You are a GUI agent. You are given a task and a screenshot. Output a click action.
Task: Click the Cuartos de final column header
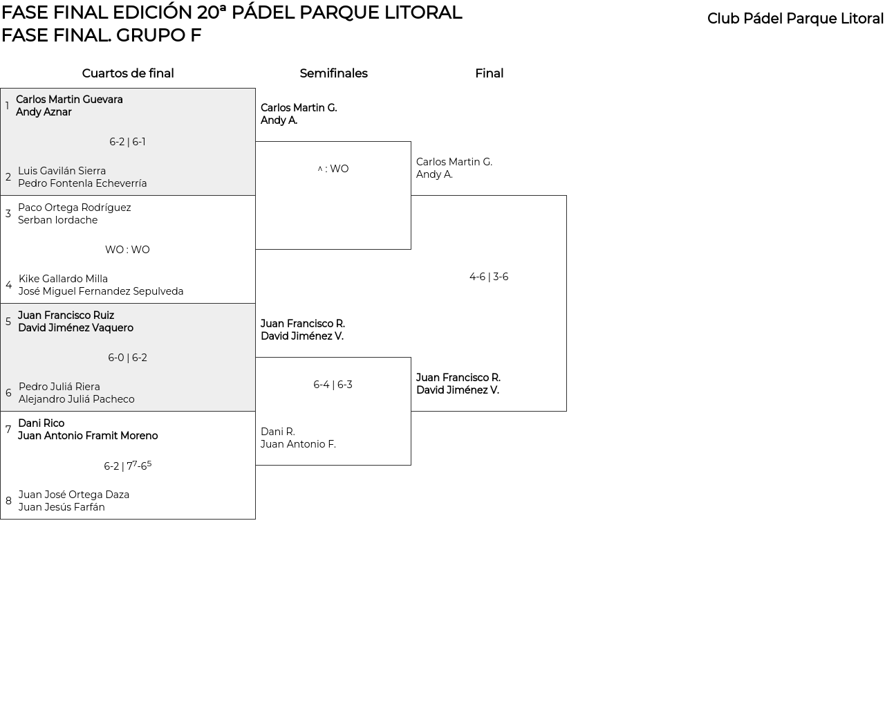pyautogui.click(x=128, y=73)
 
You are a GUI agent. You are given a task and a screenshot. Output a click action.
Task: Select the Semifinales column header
pyautogui.click(x=333, y=73)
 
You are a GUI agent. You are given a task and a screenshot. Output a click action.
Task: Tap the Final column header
pyautogui.click(x=489, y=73)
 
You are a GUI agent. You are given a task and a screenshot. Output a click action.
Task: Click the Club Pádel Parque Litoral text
pyautogui.click(x=795, y=19)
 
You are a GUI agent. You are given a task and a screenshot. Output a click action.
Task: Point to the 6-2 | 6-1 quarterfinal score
pyautogui.click(x=127, y=142)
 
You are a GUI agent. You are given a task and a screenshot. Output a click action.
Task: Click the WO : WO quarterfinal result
pyautogui.click(x=127, y=250)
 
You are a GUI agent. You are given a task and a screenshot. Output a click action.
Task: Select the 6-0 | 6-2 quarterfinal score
pyautogui.click(x=127, y=358)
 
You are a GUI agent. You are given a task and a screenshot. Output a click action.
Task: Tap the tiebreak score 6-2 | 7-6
pyautogui.click(x=127, y=466)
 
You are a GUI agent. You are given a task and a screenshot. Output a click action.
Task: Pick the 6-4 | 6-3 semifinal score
pyautogui.click(x=333, y=385)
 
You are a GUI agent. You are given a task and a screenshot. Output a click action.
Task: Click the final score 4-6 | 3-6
pyautogui.click(x=489, y=277)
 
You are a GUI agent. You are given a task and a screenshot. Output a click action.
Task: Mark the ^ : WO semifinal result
pyautogui.click(x=333, y=169)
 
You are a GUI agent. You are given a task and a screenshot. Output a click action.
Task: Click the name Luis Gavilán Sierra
pyautogui.click(x=62, y=171)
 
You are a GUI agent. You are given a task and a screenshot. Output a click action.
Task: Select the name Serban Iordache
pyautogui.click(x=57, y=220)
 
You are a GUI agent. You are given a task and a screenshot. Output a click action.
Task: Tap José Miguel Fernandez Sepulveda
pyautogui.click(x=101, y=291)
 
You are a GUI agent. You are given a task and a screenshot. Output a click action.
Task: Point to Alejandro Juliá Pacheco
pyautogui.click(x=76, y=399)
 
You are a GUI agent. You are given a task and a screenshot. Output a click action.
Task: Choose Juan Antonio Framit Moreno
pyautogui.click(x=88, y=436)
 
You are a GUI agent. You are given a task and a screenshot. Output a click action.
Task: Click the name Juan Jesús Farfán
pyautogui.click(x=62, y=507)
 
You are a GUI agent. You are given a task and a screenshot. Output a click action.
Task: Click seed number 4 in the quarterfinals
pyautogui.click(x=8, y=285)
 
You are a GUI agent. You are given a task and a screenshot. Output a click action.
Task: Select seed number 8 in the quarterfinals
pyautogui.click(x=8, y=501)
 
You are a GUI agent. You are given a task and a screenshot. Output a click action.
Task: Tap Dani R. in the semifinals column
pyautogui.click(x=278, y=432)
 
